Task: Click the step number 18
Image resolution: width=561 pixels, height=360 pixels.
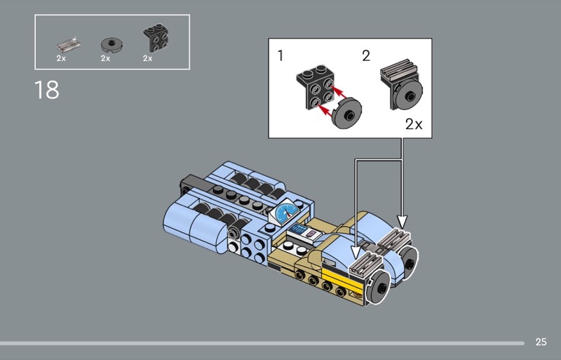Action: pos(47,90)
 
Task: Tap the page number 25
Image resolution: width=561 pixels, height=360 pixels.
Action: pos(541,342)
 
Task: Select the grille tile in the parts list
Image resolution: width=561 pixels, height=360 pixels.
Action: pos(68,44)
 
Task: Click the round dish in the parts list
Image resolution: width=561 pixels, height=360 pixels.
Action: pos(111,44)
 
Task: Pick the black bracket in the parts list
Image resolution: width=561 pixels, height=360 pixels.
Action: pos(156,38)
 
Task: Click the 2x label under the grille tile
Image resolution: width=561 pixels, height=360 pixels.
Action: pos(61,58)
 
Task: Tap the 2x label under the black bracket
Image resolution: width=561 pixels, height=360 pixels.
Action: pos(148,58)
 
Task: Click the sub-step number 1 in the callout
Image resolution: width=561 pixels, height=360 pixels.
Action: pos(280,55)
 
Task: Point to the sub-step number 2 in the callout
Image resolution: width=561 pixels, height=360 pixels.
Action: pos(366,55)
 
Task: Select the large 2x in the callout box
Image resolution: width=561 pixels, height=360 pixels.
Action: pos(414,124)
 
